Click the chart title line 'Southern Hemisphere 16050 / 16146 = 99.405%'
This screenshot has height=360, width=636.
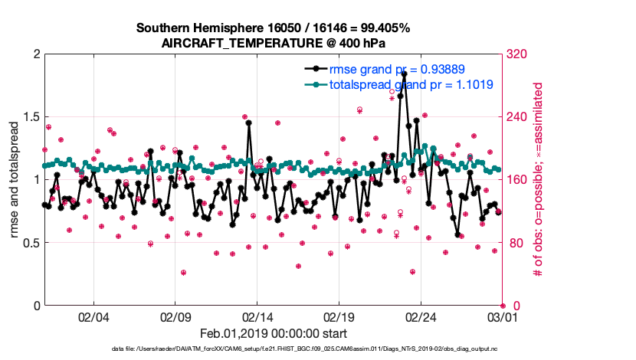[x=273, y=28]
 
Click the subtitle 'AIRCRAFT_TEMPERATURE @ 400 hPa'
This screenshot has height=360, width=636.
[x=273, y=44]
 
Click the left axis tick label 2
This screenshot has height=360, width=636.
[x=34, y=54]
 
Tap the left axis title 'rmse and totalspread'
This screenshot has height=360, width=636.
[x=13, y=180]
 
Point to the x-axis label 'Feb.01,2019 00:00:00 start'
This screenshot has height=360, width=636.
[x=273, y=333]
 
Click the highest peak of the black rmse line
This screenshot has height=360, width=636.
[x=404, y=74]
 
